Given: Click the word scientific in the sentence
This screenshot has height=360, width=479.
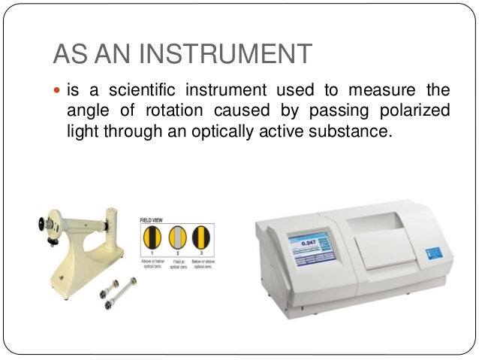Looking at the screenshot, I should point(140,91).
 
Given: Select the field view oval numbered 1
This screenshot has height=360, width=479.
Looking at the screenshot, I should point(152,238).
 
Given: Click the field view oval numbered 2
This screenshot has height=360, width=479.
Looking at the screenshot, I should point(176,238).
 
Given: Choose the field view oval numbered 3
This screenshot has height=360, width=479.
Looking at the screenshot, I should point(200,238).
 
